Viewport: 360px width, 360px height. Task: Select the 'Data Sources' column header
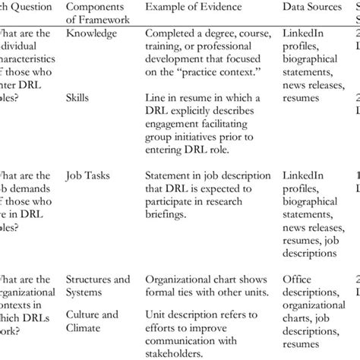[312, 7]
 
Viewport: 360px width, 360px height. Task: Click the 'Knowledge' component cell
[92, 34]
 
